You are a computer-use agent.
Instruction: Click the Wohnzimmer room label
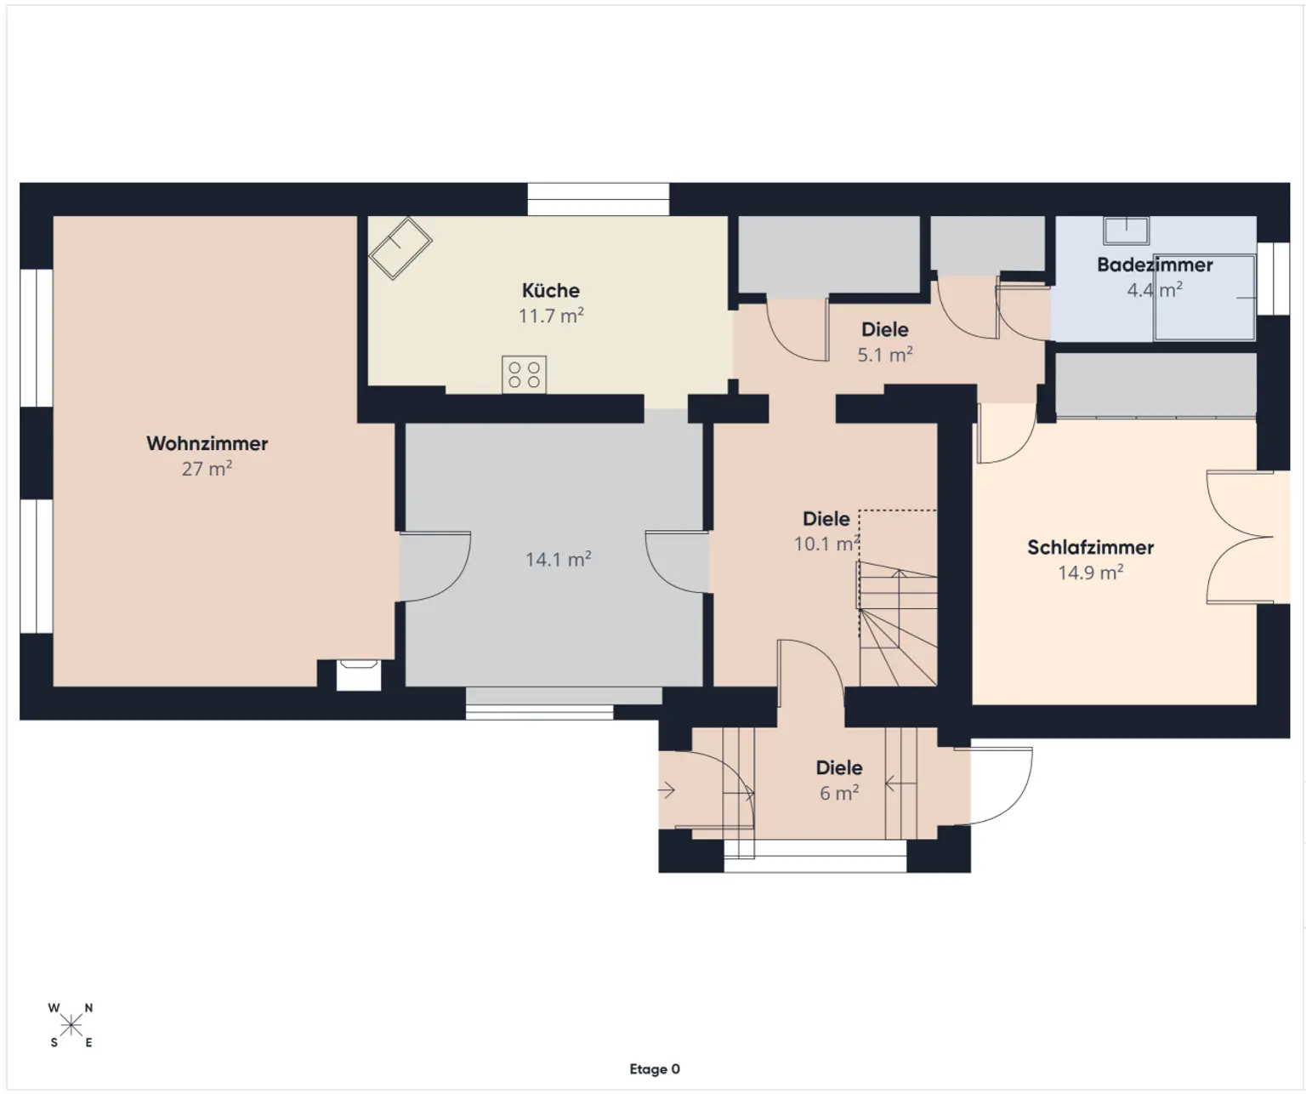click(x=207, y=443)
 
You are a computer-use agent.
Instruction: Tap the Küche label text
click(x=550, y=290)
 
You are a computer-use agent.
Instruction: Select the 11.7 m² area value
click(x=550, y=316)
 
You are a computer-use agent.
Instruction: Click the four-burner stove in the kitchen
click(x=524, y=374)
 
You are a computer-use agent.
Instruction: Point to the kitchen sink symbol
click(x=400, y=248)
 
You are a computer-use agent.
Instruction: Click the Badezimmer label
click(x=1154, y=265)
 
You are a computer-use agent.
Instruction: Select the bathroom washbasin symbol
click(x=1126, y=230)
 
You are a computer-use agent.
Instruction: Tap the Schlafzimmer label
click(x=1090, y=547)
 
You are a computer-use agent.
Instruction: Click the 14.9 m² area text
click(x=1090, y=573)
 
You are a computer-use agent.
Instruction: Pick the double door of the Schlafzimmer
click(x=1239, y=537)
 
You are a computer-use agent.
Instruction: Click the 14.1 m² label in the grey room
click(x=558, y=559)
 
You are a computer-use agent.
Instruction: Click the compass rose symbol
click(x=71, y=1025)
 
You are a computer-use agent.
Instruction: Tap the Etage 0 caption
click(x=655, y=1069)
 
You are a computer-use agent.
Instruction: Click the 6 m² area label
click(x=838, y=793)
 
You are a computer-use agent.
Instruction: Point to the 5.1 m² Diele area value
click(x=884, y=355)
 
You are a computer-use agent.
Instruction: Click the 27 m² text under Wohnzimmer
click(x=207, y=469)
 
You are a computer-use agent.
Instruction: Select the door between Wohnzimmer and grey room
click(x=434, y=566)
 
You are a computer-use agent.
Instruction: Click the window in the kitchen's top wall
click(x=598, y=199)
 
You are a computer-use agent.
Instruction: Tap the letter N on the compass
click(x=88, y=1008)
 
